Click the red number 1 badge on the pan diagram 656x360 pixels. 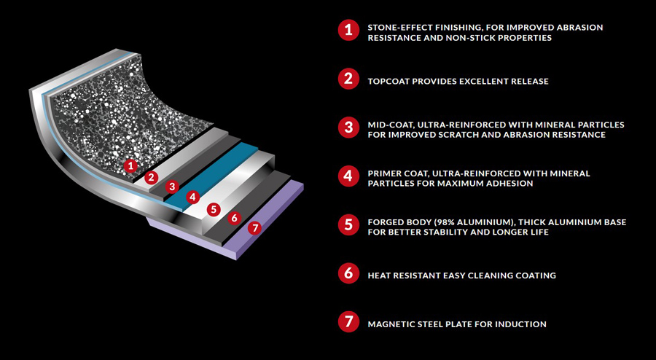pyautogui.click(x=130, y=166)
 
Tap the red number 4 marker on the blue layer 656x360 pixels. pyautogui.click(x=192, y=197)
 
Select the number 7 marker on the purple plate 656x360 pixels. pyautogui.click(x=254, y=228)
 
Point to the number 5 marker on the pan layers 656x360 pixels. pyautogui.click(x=214, y=209)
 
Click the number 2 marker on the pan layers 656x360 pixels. pyautogui.click(x=151, y=177)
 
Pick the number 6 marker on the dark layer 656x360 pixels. pyautogui.click(x=234, y=218)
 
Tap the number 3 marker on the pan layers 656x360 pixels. pyautogui.click(x=172, y=187)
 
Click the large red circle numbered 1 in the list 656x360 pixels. pyautogui.click(x=348, y=31)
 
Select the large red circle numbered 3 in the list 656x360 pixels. pyautogui.click(x=348, y=128)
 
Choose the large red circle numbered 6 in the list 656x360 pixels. pyautogui.click(x=348, y=274)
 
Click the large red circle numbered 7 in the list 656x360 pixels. pyautogui.click(x=348, y=322)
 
